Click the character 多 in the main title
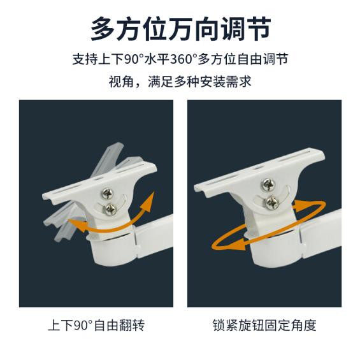(103, 29)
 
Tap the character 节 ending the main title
(258, 29)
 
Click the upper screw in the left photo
(107, 193)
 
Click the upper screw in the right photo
(268, 184)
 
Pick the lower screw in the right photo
(271, 203)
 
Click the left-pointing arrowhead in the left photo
(77, 224)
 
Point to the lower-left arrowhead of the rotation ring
(236, 244)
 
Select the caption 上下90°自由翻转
(96, 325)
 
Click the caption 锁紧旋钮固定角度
(264, 325)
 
